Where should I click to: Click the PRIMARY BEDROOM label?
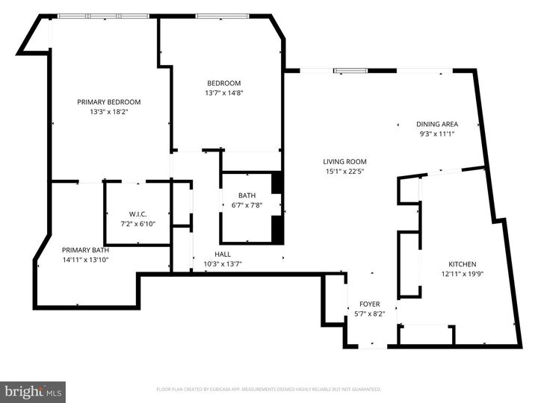tap(109, 102)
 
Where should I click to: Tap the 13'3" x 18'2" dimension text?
tap(109, 112)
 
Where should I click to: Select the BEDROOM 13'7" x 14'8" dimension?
tap(225, 93)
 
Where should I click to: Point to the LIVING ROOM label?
tap(344, 161)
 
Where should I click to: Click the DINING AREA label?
tap(437, 124)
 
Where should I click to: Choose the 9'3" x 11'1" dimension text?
tap(437, 134)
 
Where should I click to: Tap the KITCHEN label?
tap(462, 264)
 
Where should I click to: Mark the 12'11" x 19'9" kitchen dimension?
tap(462, 274)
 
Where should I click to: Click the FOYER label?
tap(370, 304)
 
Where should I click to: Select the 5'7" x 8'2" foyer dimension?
tap(370, 313)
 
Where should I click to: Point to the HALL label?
tap(223, 254)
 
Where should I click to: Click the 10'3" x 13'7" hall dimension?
tap(223, 264)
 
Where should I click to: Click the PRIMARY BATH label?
tap(86, 250)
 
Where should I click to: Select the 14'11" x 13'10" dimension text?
tap(86, 260)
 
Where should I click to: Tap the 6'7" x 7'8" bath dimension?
tap(247, 205)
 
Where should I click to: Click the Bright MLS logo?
tap(33, 392)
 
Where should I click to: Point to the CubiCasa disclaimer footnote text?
tap(269, 389)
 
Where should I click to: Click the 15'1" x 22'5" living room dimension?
tap(344, 171)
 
